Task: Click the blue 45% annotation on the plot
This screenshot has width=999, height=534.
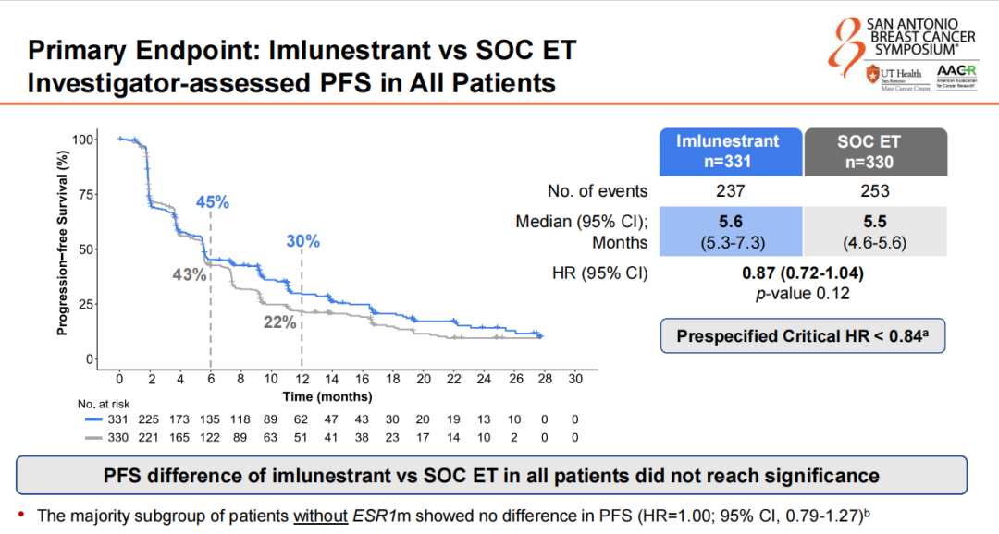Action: click(x=212, y=202)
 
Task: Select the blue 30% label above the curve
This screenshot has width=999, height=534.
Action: click(x=302, y=241)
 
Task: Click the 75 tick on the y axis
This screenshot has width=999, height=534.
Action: click(x=87, y=194)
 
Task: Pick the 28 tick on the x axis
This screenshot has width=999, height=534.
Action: click(x=545, y=380)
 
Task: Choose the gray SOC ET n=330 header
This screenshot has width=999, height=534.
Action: click(x=875, y=152)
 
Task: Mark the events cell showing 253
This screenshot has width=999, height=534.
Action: click(x=875, y=191)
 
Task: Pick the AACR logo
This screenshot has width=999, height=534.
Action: click(x=956, y=75)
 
